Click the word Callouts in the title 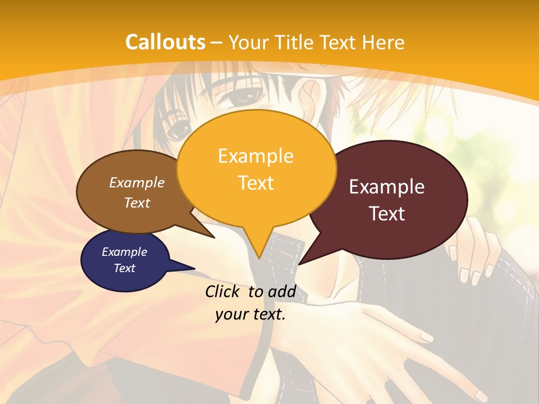(x=165, y=42)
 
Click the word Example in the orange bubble (x=255, y=156)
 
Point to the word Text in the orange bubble (x=255, y=183)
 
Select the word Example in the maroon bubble (x=387, y=187)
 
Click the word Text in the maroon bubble (x=387, y=214)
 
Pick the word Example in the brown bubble (x=136, y=183)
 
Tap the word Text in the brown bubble (x=136, y=203)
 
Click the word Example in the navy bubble (x=124, y=252)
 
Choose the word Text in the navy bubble (x=124, y=268)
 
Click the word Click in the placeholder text (x=223, y=292)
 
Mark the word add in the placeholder (x=281, y=292)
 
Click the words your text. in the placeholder (x=250, y=314)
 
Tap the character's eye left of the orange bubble (x=179, y=130)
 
